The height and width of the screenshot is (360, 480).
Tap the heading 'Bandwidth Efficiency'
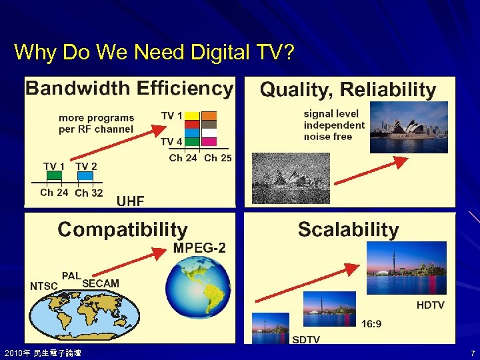[129, 88]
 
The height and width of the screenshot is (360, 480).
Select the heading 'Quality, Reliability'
[347, 89]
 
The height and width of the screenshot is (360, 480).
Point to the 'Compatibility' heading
[123, 230]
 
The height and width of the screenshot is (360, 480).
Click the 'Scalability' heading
[348, 230]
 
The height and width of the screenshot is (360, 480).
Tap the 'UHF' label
[130, 200]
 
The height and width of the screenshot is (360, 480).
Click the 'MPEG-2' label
[199, 248]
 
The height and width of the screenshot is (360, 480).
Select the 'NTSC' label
[44, 286]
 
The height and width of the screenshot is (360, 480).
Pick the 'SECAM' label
[100, 283]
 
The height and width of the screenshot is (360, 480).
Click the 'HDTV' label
[430, 305]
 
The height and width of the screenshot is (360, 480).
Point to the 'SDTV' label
[306, 339]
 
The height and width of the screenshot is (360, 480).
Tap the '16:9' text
[371, 324]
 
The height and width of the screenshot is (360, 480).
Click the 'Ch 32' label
[89, 193]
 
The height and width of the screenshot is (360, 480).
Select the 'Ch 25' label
[218, 158]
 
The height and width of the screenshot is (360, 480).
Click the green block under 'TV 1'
[54, 176]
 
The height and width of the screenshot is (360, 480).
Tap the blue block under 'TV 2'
[85, 176]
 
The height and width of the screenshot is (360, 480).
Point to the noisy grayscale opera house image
[291, 179]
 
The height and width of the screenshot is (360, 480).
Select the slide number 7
[472, 353]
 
